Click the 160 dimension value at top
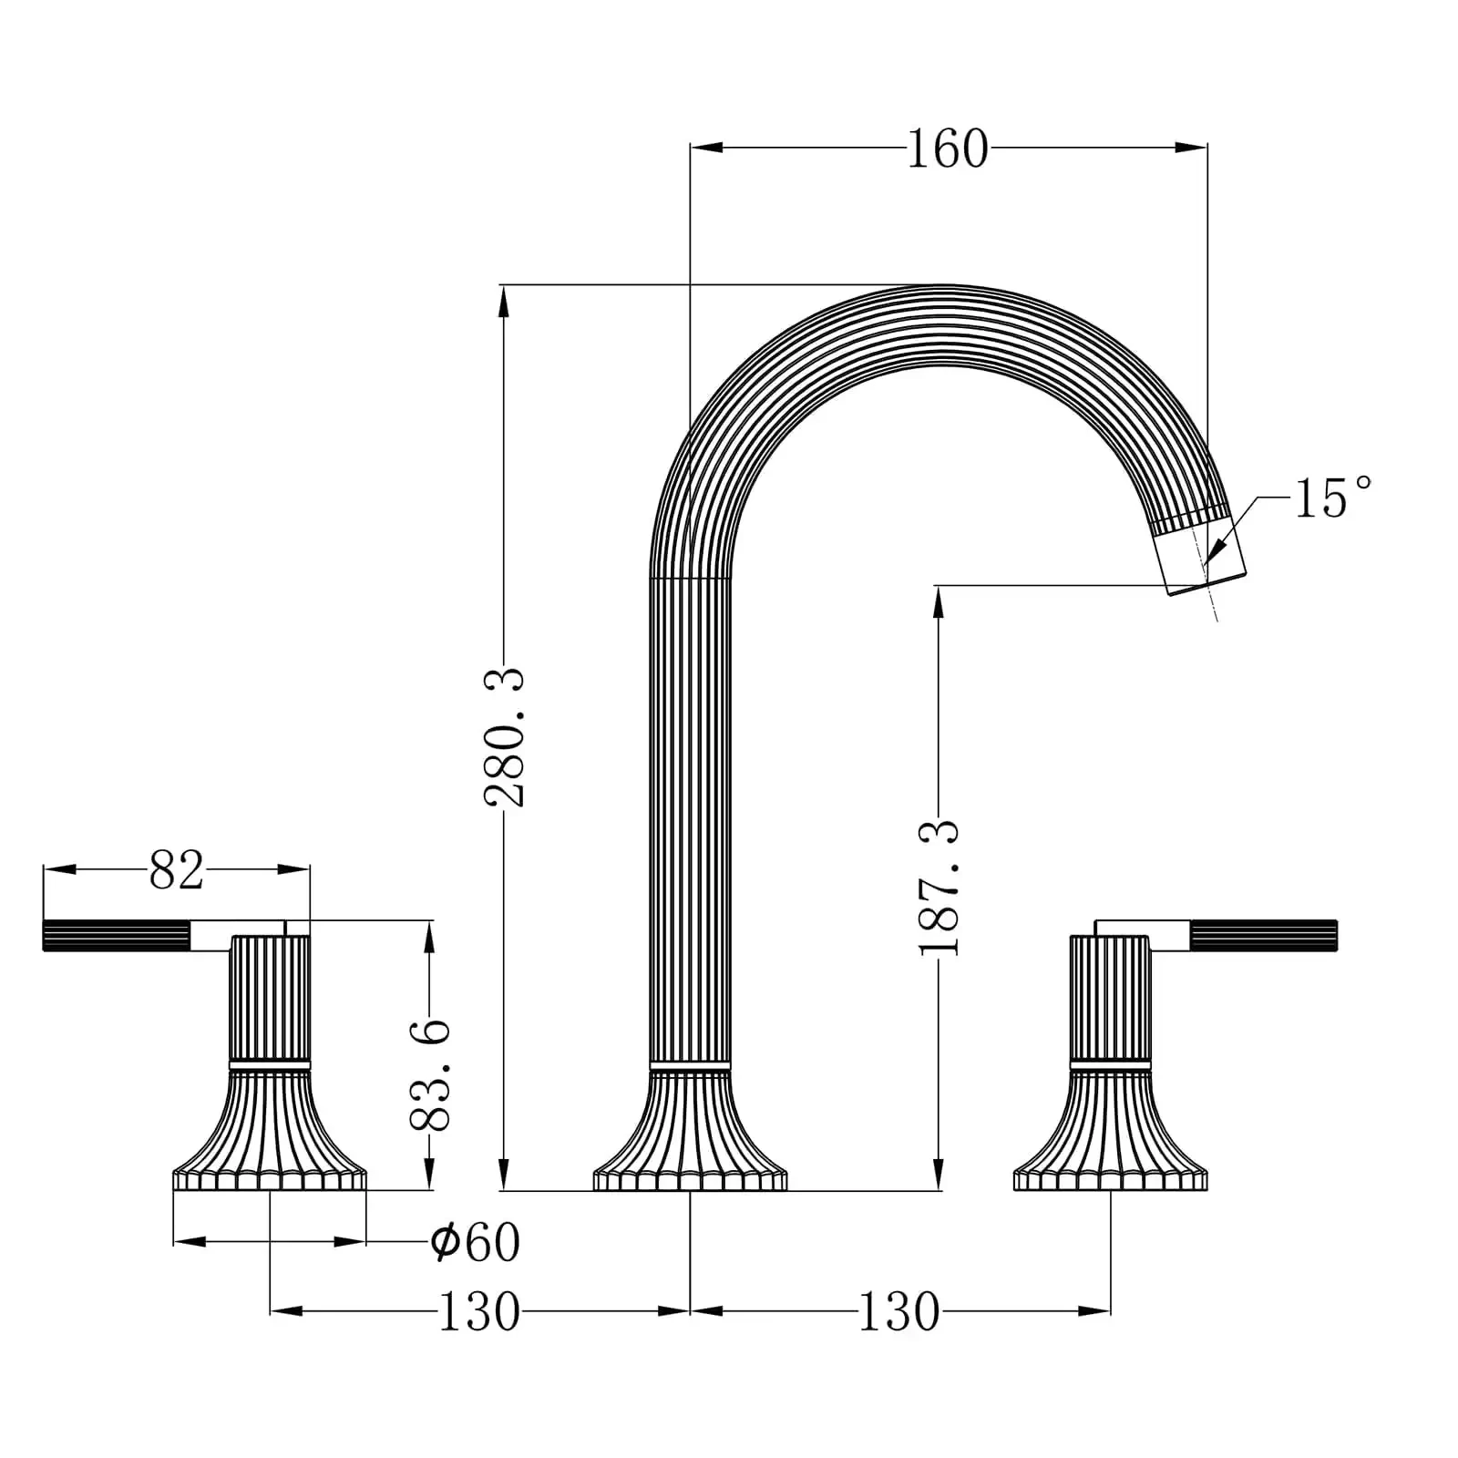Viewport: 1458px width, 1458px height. [947, 149]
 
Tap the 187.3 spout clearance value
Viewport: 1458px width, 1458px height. [939, 887]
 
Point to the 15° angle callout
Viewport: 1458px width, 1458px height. [1332, 498]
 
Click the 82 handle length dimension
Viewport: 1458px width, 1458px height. [176, 870]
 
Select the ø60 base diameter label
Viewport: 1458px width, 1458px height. [475, 1241]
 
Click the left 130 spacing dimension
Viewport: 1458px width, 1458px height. [478, 1311]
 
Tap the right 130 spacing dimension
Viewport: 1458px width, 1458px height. [898, 1311]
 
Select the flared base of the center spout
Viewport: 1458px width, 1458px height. [690, 1135]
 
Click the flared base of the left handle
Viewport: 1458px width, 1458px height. [270, 1135]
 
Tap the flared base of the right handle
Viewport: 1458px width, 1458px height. [1110, 1135]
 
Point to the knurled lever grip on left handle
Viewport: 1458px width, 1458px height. [116, 936]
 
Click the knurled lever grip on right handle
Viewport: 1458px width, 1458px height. [1263, 936]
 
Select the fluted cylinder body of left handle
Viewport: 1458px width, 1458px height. [270, 998]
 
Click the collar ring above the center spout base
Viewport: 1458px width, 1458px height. [690, 1064]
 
